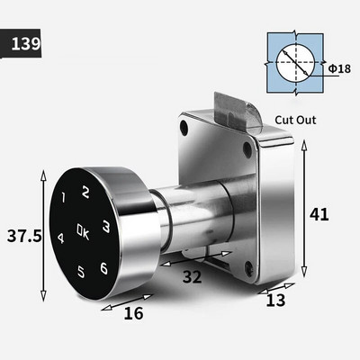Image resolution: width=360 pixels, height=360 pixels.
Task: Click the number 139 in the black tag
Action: click(x=26, y=44)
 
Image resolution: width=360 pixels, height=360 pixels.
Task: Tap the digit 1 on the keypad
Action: click(x=63, y=197)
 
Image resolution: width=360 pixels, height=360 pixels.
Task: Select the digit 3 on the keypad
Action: click(x=105, y=227)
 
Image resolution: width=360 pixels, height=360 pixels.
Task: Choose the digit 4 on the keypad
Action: click(x=60, y=238)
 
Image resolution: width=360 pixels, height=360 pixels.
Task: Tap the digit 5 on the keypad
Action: click(x=81, y=272)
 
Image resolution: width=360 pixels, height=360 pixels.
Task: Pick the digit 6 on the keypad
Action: click(x=103, y=268)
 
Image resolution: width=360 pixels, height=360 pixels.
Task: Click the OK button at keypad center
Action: click(x=83, y=231)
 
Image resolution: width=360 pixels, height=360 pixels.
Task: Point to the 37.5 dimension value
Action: click(x=24, y=236)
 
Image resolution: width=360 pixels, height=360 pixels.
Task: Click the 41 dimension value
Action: click(x=319, y=214)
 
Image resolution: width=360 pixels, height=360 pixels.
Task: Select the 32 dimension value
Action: click(x=193, y=276)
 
